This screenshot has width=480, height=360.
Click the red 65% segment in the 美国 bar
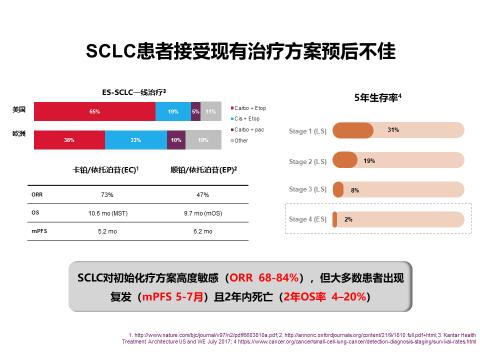(x=94, y=112)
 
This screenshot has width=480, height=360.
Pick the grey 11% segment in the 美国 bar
(x=211, y=112)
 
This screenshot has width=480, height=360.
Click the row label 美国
(x=18, y=107)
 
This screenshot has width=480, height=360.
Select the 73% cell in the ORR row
(x=107, y=193)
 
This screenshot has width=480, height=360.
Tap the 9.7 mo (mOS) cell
(x=203, y=212)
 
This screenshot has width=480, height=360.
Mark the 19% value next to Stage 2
(x=370, y=160)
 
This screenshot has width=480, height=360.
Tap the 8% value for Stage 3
(x=354, y=189)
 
